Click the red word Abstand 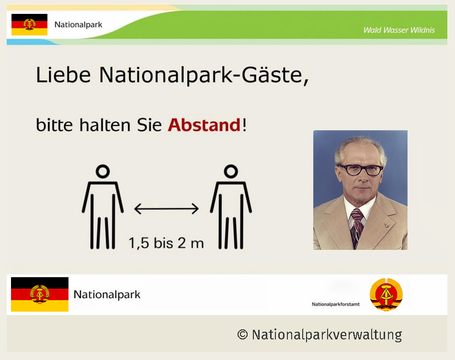point(205,125)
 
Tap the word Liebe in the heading point(63,75)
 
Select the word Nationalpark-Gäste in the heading point(204,76)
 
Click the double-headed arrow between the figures point(166,209)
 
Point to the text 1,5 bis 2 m point(166,243)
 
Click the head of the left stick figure point(102,171)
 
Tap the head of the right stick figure point(231,171)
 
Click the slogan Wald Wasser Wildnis point(399,30)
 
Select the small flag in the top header point(29,25)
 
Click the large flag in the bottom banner point(40,294)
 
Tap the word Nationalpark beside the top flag point(79,25)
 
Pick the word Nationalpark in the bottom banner point(107,295)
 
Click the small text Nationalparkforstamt point(336,304)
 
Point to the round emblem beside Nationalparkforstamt point(386,294)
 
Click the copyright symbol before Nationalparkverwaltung point(243,334)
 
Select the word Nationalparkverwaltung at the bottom point(327,335)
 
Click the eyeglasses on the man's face point(360,169)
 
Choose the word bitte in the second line point(54,125)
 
